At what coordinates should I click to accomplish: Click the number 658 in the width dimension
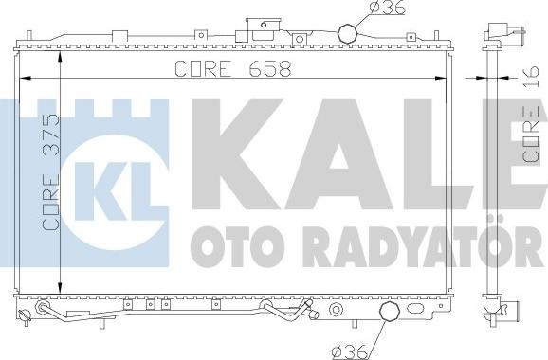pos(269,68)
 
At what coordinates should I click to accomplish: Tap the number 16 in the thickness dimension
pos(531,76)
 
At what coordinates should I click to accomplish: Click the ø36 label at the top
pos(386,8)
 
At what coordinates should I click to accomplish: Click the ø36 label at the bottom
pos(350,352)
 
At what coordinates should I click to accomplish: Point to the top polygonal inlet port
pos(348,33)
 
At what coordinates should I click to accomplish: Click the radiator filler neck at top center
pos(264,29)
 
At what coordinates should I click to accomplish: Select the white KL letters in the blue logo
pos(117,190)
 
